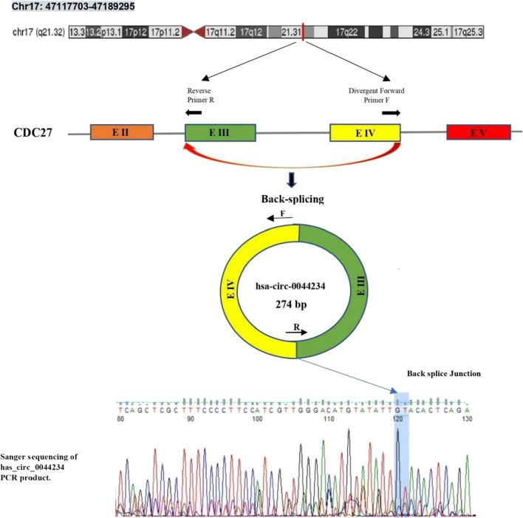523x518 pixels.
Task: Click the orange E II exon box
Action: tap(121, 133)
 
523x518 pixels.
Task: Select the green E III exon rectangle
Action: tap(219, 133)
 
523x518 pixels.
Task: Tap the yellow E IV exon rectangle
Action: tap(365, 133)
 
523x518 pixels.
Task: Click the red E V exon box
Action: tap(479, 133)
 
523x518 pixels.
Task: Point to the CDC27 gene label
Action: tap(33, 133)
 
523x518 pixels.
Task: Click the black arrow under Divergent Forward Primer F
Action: tap(391, 113)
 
